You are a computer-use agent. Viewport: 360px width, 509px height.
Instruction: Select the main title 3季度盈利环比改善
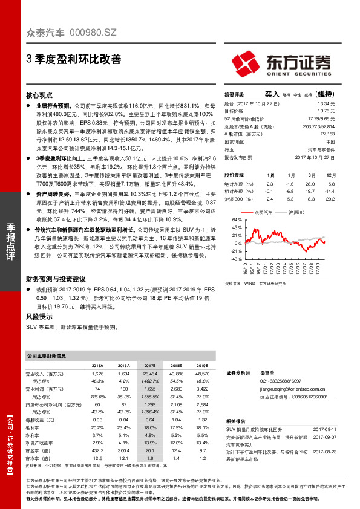coord(73,59)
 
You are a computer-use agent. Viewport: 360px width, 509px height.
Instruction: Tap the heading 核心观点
coord(41,96)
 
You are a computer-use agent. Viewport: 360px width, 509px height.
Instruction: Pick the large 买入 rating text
coord(272,94)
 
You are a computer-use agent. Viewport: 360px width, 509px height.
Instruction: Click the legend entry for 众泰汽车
coord(264,212)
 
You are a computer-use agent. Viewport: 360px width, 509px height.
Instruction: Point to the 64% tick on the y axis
coord(229,221)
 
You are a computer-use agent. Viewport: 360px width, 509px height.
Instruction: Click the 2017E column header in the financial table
coord(150,366)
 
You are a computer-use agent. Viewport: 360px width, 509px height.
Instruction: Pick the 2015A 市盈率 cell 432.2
coord(97,433)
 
